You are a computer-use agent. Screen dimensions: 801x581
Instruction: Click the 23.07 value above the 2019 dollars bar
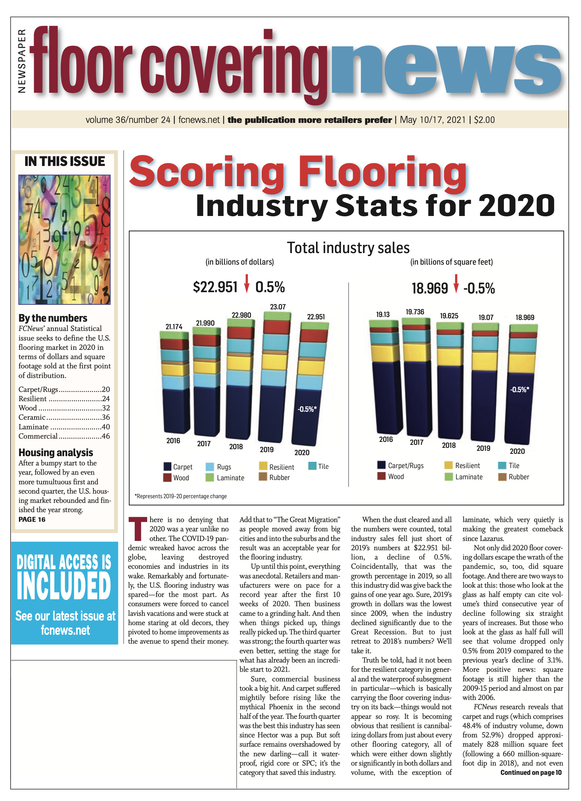coord(278,307)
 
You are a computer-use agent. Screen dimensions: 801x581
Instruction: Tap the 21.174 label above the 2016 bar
coord(174,327)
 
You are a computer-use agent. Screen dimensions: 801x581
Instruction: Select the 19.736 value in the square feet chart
coord(415,312)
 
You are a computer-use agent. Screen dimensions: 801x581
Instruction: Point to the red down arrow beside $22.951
coord(246,283)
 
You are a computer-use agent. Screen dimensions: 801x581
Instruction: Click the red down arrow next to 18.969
coord(456,283)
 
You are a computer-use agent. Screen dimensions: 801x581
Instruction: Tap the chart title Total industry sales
coord(348,247)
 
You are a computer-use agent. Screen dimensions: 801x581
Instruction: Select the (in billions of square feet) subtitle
coord(451,262)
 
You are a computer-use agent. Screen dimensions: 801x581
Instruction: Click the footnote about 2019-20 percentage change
coord(181,496)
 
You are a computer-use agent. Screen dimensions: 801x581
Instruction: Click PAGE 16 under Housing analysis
coord(32,519)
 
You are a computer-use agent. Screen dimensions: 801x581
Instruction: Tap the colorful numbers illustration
coord(64,240)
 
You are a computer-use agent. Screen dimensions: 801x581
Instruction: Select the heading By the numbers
coord(53,318)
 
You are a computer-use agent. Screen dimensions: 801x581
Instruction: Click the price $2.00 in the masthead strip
coord(484,120)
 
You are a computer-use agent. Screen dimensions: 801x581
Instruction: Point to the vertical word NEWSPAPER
coord(22,61)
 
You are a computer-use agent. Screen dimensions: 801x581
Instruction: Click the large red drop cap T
coord(137,529)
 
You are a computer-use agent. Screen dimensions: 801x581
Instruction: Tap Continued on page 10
coord(531,773)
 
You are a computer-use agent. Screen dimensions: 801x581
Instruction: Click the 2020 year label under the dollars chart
coord(302,453)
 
